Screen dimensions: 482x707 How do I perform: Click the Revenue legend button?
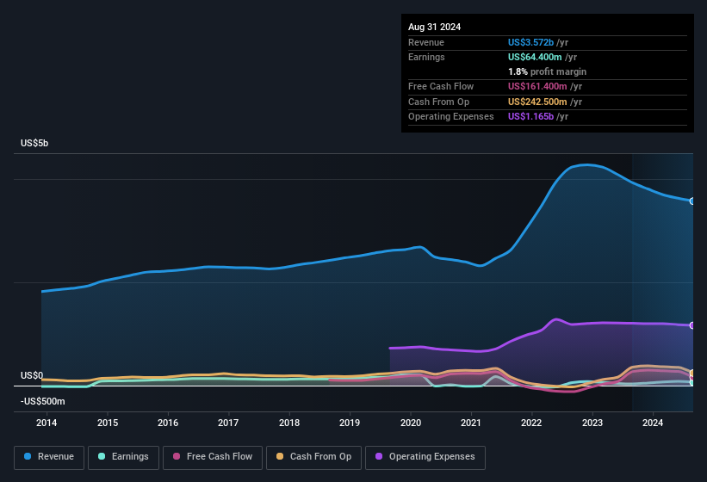(49, 457)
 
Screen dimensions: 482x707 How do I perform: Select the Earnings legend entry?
(123, 457)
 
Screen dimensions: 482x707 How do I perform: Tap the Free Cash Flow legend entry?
(211, 457)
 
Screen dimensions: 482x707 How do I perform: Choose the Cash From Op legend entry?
(313, 457)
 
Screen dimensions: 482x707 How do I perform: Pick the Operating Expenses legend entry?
(425, 457)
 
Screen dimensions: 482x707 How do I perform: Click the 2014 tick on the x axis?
(47, 423)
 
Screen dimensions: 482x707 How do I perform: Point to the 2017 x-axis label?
(228, 423)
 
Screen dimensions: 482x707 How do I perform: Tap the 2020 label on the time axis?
(411, 423)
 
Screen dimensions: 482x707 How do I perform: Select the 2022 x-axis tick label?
(531, 423)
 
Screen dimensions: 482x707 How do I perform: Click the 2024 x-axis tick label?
(653, 423)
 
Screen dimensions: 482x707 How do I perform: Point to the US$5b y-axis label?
(35, 143)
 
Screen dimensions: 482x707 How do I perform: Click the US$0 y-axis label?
(32, 376)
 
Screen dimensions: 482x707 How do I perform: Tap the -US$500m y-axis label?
(42, 401)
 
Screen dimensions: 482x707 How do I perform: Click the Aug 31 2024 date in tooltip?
(434, 27)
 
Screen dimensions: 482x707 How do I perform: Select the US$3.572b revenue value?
(531, 42)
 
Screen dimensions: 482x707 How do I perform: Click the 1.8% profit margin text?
(547, 71)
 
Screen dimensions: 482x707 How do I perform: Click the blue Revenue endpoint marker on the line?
(692, 201)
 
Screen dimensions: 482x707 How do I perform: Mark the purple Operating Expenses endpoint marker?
(692, 325)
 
